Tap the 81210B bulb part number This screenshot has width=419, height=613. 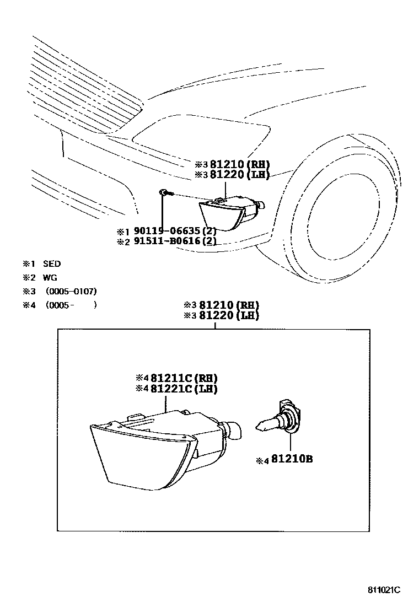291,458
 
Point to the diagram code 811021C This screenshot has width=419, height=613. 384,590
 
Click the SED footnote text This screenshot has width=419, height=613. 52,264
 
